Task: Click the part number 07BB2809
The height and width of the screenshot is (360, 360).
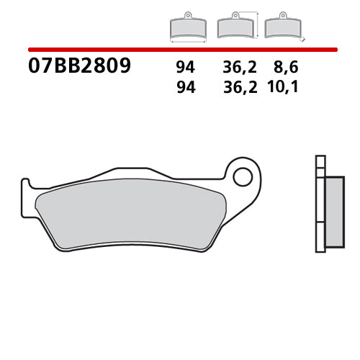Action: (79, 67)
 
